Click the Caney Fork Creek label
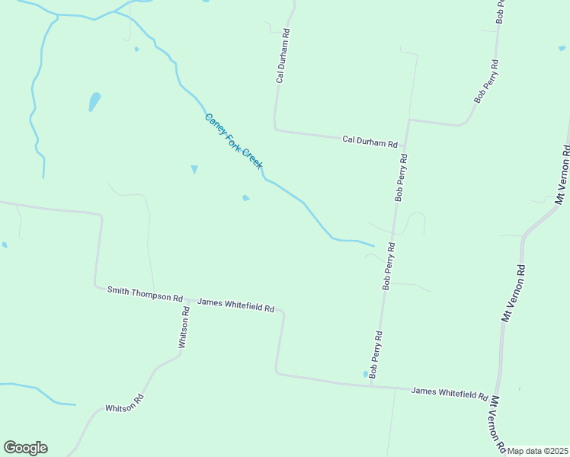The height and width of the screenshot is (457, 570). [233, 141]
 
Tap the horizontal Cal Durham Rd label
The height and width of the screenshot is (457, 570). [370, 141]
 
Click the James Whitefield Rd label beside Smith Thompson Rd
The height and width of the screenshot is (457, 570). [235, 305]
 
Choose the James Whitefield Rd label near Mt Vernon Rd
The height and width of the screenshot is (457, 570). [449, 393]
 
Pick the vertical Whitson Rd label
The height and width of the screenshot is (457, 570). [184, 328]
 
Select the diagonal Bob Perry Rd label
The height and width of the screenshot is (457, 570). [486, 81]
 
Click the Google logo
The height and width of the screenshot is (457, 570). [25, 448]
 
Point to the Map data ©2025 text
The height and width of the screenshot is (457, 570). [537, 451]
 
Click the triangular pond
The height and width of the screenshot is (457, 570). [194, 169]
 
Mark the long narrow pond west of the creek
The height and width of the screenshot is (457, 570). [94, 101]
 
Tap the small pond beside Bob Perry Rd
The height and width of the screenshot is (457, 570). [365, 373]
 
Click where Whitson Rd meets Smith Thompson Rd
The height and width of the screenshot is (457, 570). [186, 299]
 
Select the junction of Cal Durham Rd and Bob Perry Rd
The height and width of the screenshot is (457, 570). [408, 120]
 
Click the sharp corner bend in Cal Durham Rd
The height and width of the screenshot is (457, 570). [275, 129]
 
